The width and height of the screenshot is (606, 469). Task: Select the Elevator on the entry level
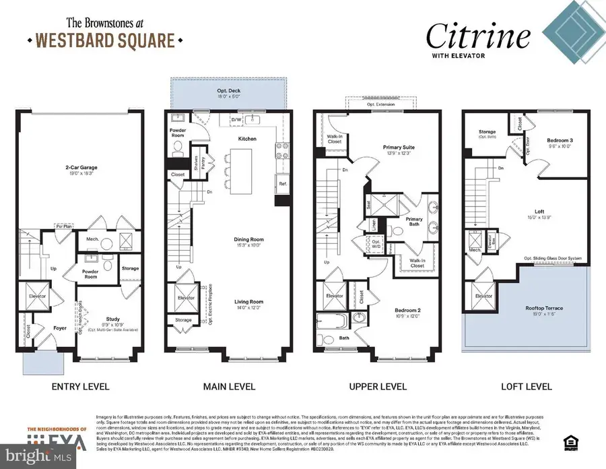(37, 296)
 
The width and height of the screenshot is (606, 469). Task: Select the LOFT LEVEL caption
(527, 387)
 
